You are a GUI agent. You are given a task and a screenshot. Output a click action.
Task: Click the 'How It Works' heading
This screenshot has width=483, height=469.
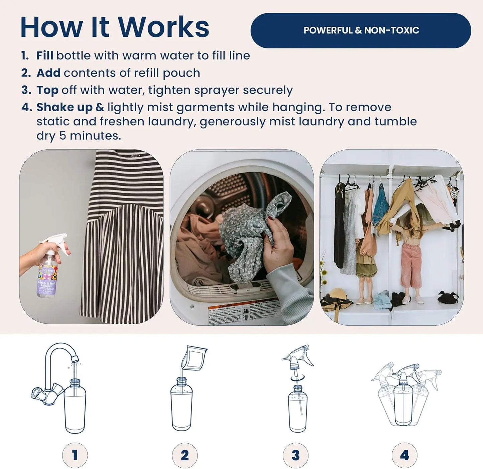click(x=115, y=27)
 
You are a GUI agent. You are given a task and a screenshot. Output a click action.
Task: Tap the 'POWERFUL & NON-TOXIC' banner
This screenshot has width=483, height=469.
click(x=361, y=30)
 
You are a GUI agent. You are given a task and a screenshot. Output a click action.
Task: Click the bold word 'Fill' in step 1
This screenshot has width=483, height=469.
click(x=45, y=55)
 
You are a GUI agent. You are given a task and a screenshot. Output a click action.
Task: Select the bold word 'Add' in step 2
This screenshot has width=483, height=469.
click(x=48, y=73)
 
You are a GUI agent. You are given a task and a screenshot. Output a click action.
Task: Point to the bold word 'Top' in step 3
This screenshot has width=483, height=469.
click(x=47, y=90)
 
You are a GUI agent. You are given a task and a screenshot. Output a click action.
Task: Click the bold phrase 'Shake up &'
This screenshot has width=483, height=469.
click(x=70, y=107)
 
